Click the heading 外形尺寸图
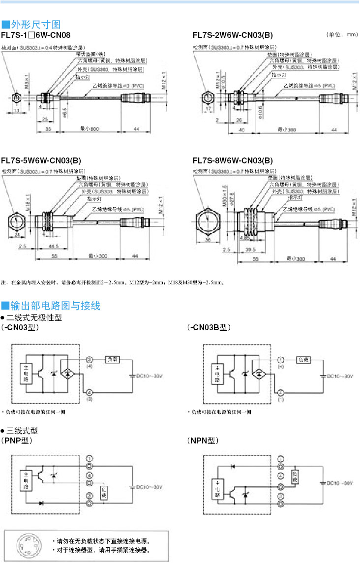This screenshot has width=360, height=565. click(x=34, y=24)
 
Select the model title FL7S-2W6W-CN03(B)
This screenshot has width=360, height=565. click(x=233, y=35)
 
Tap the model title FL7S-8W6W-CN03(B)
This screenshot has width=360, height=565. click(x=233, y=160)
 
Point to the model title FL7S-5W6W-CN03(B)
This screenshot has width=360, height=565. click(x=41, y=160)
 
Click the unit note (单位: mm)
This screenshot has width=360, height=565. click(x=341, y=35)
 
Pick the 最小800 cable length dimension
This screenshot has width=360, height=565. click(x=90, y=129)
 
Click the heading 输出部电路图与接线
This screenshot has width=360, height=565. click(x=54, y=306)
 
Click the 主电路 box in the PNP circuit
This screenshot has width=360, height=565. click(x=25, y=480)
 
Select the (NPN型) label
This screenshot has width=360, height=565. click(x=203, y=440)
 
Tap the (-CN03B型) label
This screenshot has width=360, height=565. click(x=209, y=327)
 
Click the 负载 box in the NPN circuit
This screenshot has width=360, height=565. click(x=295, y=477)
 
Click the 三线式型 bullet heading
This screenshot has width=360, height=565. click(x=22, y=430)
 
